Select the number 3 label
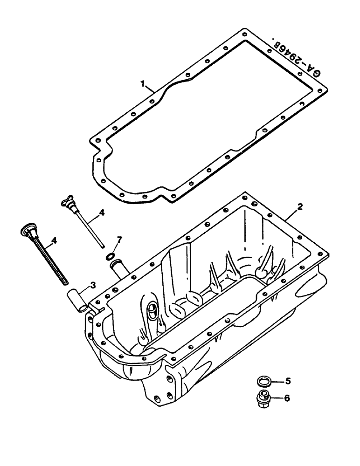(x=93, y=284)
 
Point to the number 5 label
(x=288, y=381)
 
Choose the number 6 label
(x=288, y=398)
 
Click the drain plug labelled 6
(x=263, y=400)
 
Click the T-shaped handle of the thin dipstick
(x=68, y=202)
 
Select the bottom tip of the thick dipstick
(x=64, y=281)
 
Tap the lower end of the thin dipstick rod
(x=102, y=246)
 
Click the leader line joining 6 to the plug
(x=276, y=398)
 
